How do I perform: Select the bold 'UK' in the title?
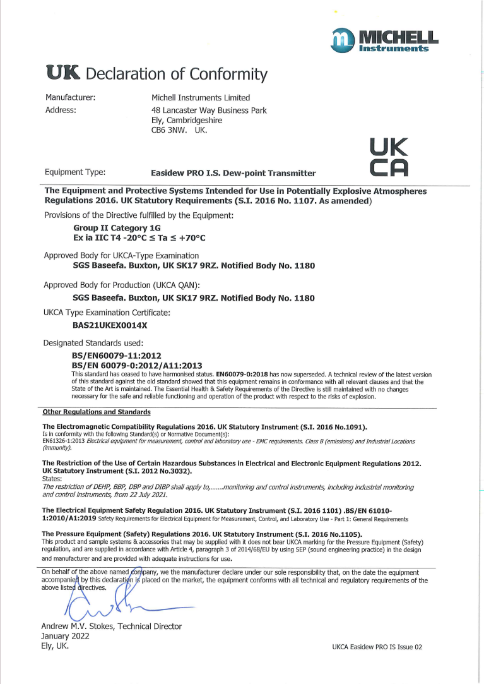point(62,74)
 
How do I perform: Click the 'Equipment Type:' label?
point(75,172)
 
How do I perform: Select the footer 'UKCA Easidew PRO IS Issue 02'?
point(376,647)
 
